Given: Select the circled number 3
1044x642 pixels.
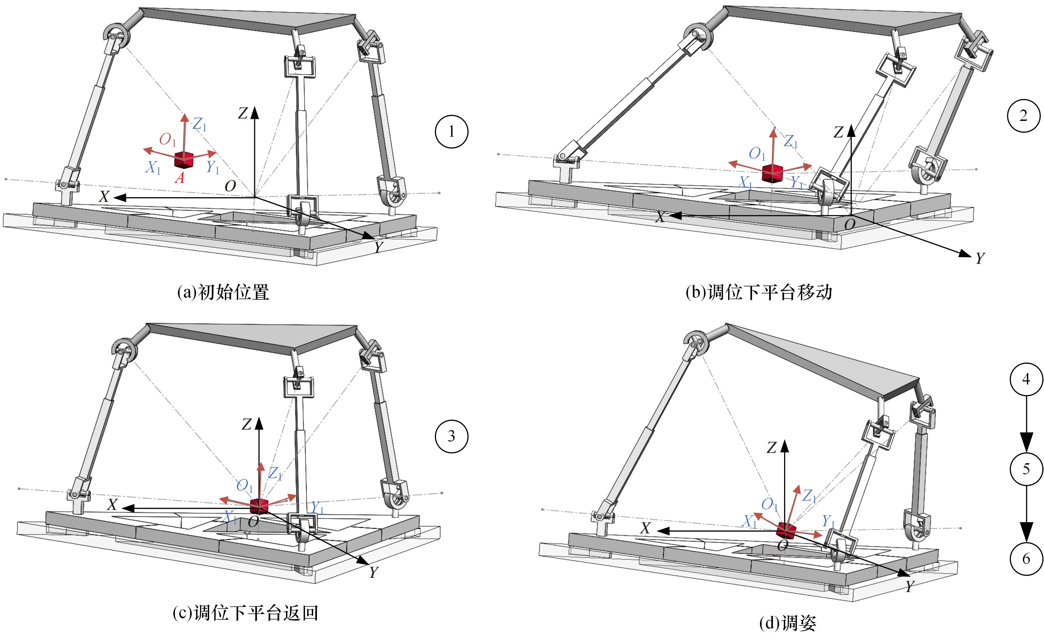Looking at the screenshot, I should pyautogui.click(x=451, y=436).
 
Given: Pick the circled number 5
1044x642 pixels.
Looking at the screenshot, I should pyautogui.click(x=1026, y=469).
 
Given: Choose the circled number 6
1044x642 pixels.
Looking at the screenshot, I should pyautogui.click(x=1026, y=558).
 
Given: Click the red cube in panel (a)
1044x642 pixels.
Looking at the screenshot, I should pyautogui.click(x=183, y=160).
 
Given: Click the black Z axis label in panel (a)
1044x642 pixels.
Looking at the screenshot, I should pyautogui.click(x=243, y=113).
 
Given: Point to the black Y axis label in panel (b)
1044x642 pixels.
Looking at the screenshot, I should pyautogui.click(x=979, y=258).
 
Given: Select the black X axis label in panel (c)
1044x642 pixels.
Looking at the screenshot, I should pyautogui.click(x=112, y=505).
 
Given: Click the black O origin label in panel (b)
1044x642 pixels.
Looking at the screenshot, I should pyautogui.click(x=850, y=224).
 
